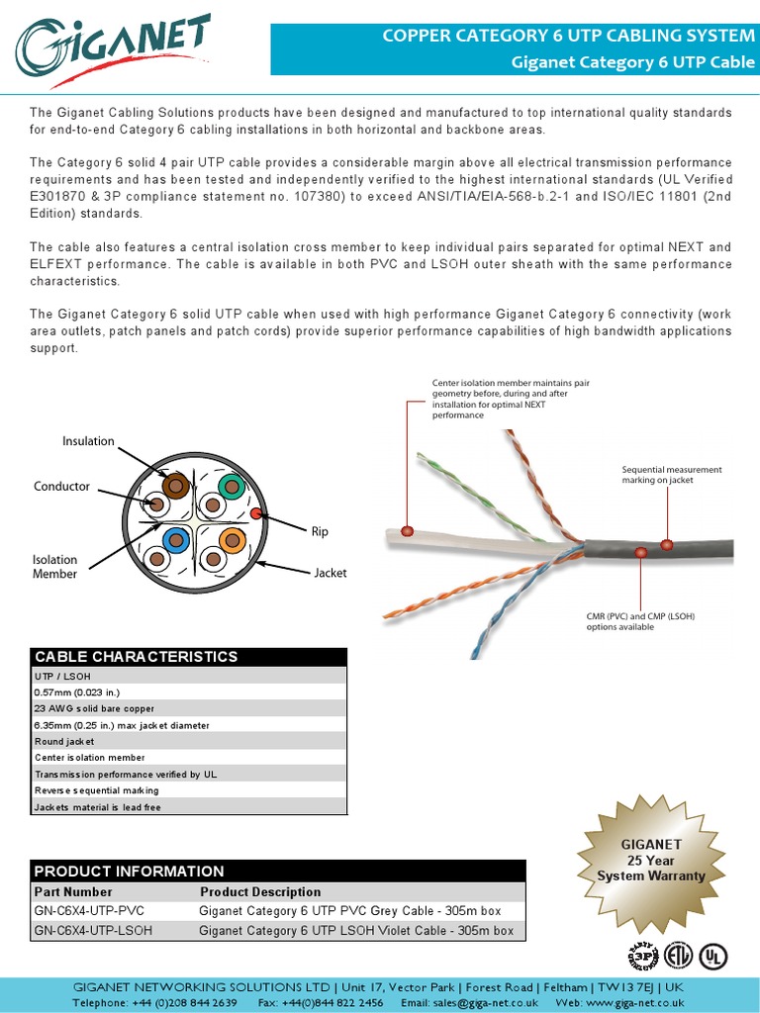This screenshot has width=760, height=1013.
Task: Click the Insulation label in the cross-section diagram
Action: pyautogui.click(x=88, y=441)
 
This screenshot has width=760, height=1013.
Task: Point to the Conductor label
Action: pyautogui.click(x=61, y=487)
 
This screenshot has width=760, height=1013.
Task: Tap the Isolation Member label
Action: pyautogui.click(x=54, y=567)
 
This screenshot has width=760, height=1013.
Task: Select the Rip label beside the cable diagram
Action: pyautogui.click(x=320, y=532)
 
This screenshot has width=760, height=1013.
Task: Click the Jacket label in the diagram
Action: pyautogui.click(x=331, y=573)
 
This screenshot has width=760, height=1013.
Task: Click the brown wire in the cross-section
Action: pyautogui.click(x=176, y=485)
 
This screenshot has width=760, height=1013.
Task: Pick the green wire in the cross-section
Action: pyautogui.click(x=231, y=485)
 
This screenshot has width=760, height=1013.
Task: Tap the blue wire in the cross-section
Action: pyautogui.click(x=177, y=540)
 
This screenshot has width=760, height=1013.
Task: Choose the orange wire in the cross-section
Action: pyautogui.click(x=232, y=540)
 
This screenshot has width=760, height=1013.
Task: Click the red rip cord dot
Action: pyautogui.click(x=255, y=513)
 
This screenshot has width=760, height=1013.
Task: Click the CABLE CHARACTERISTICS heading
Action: pyautogui.click(x=137, y=657)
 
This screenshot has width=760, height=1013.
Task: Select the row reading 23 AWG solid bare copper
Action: pyautogui.click(x=94, y=708)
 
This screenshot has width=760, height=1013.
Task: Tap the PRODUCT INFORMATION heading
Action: pyautogui.click(x=130, y=872)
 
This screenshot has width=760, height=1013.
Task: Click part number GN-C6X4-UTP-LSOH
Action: pyautogui.click(x=93, y=931)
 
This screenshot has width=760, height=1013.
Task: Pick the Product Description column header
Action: pyautogui.click(x=260, y=892)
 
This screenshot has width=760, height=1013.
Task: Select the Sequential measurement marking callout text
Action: pyautogui.click(x=671, y=475)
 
